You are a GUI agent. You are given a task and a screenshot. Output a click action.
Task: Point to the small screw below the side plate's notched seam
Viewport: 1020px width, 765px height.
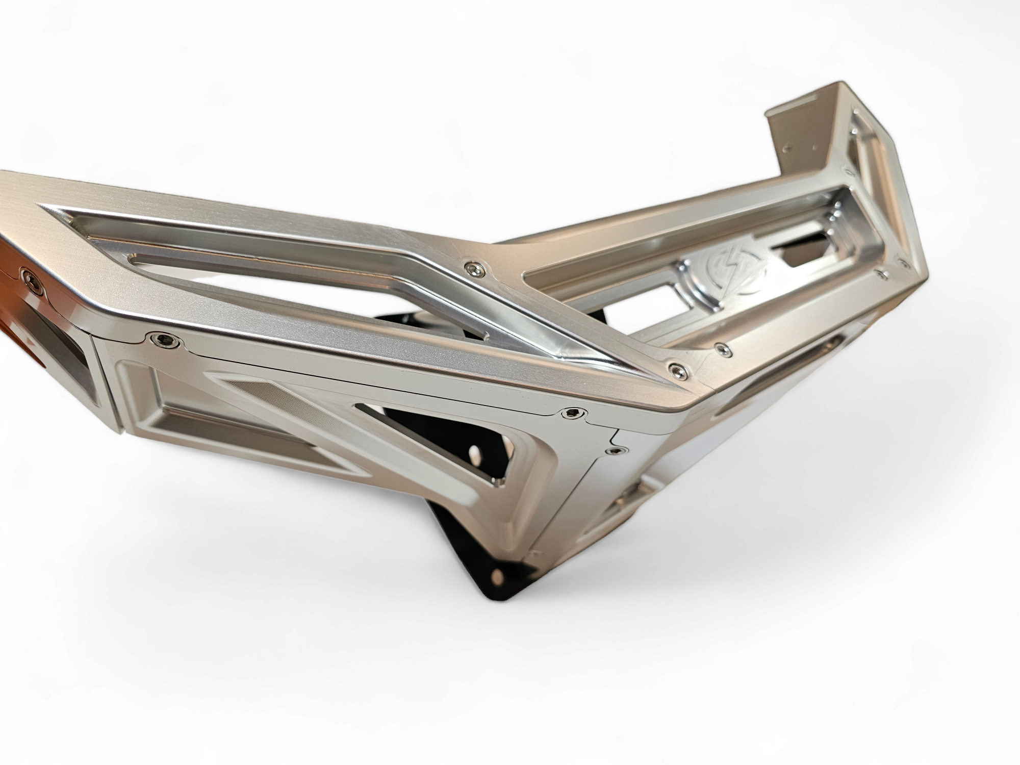pos(616,451)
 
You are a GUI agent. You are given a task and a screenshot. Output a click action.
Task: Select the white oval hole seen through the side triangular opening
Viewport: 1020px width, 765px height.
pos(475,453)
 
